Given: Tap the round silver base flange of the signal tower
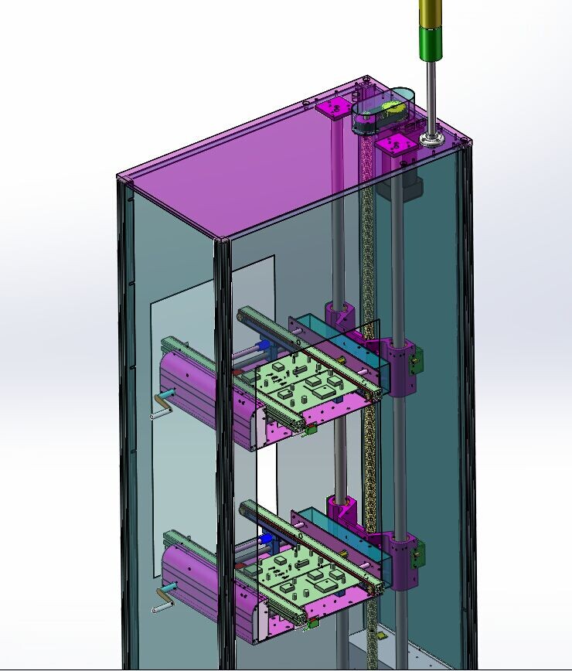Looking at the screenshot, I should coord(431,140).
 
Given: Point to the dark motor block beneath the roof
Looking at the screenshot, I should coord(410,182).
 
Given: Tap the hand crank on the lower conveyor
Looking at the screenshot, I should coord(163,598).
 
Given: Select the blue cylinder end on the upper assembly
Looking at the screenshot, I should coord(264,346).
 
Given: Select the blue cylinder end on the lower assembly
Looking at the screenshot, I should coord(265,538).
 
